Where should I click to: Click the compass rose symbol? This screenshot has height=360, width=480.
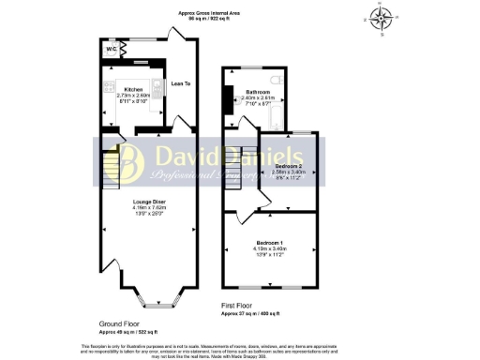(x=382, y=18)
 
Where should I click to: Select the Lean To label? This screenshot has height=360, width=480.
(x=180, y=84)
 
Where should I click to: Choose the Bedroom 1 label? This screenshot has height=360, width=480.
(x=269, y=243)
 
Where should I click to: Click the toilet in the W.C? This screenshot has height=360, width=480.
(x=122, y=52)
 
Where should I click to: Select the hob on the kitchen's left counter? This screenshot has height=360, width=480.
(x=107, y=103)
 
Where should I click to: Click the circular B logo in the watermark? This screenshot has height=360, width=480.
(x=129, y=162)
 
